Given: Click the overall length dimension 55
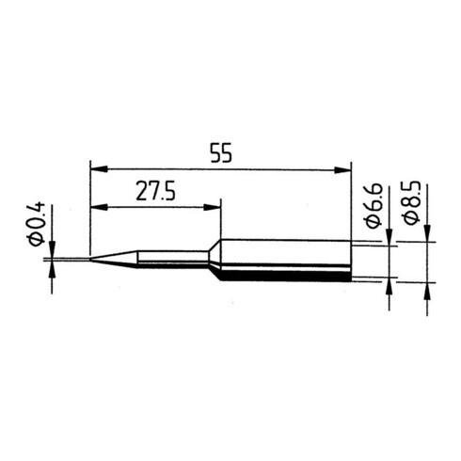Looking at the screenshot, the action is [221, 152].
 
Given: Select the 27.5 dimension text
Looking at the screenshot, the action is [155, 191].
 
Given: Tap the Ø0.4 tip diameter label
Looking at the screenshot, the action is [37, 224].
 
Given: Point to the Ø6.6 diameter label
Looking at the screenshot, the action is [374, 205].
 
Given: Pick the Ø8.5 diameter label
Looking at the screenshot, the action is [411, 202].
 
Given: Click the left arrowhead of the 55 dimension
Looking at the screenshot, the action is [99, 169].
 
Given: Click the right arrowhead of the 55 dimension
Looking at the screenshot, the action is [342, 170].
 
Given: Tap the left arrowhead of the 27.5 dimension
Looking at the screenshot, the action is [99, 207].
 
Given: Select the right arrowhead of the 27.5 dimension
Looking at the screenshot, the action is [213, 207].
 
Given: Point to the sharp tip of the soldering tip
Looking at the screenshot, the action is [90, 259].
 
